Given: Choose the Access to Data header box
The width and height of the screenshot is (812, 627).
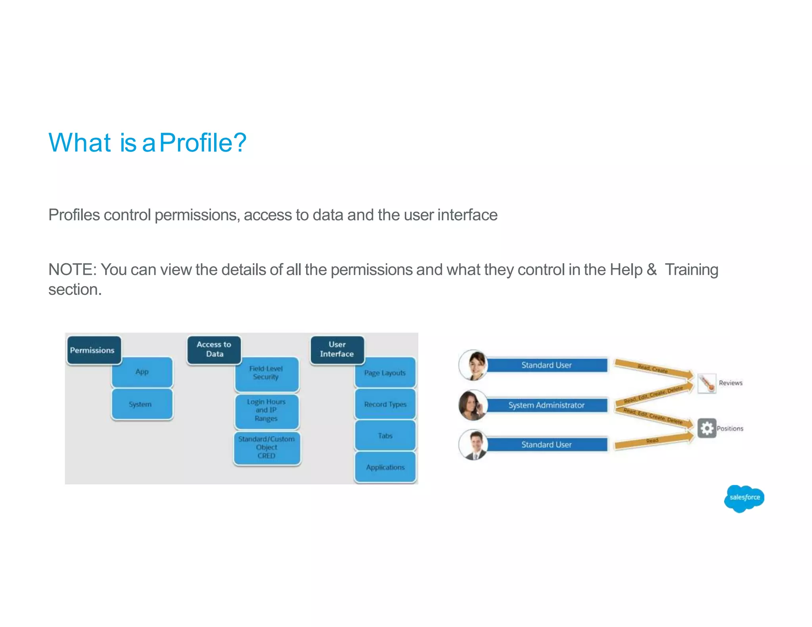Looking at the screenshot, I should pyautogui.click(x=214, y=350).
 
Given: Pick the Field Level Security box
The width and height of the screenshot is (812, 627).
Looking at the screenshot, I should pyautogui.click(x=266, y=373).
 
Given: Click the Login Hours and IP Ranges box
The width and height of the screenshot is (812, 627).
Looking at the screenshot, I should pyautogui.click(x=266, y=411).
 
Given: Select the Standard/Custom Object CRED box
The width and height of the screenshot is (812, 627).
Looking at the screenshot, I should pyautogui.click(x=266, y=448).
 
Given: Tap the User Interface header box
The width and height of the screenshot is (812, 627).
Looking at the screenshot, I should pyautogui.click(x=337, y=350).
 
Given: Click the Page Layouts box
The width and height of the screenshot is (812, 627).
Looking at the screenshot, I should pyautogui.click(x=385, y=373).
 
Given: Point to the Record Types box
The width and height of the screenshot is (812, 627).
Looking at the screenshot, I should pyautogui.click(x=385, y=405).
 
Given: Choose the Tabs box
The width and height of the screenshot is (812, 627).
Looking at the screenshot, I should pyautogui.click(x=385, y=436).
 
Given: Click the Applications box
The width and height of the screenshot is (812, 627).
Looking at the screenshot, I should pyautogui.click(x=385, y=468).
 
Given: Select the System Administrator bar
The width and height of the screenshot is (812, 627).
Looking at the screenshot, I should pyautogui.click(x=546, y=405).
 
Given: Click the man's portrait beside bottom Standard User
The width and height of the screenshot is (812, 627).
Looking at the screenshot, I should pyautogui.click(x=474, y=445).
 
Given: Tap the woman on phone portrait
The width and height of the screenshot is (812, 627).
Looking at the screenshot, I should pyautogui.click(x=473, y=405).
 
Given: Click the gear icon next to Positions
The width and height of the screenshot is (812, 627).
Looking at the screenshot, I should pyautogui.click(x=707, y=428).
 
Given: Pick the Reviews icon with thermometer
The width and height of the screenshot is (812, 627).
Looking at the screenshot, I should pyautogui.click(x=707, y=383).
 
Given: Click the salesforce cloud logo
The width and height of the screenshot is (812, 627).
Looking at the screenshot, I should pyautogui.click(x=744, y=498).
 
